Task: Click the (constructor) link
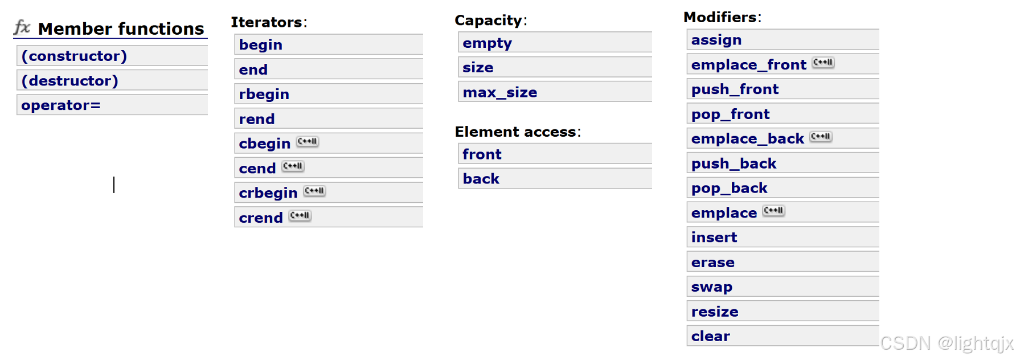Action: click(74, 56)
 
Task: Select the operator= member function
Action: click(61, 105)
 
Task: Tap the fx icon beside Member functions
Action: click(22, 27)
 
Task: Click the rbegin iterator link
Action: click(264, 94)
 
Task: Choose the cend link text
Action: click(257, 169)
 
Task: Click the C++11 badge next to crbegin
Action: click(314, 191)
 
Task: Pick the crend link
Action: click(261, 218)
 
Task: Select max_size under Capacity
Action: click(499, 92)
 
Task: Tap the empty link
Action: click(487, 43)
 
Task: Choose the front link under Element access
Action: click(482, 154)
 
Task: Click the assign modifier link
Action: click(716, 40)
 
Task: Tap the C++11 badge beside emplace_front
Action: click(823, 63)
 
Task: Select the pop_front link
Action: click(730, 114)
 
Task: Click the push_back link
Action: click(734, 164)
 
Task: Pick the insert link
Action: click(714, 238)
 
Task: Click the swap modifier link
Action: click(711, 287)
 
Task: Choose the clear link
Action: click(710, 337)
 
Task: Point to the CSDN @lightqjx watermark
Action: click(947, 343)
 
